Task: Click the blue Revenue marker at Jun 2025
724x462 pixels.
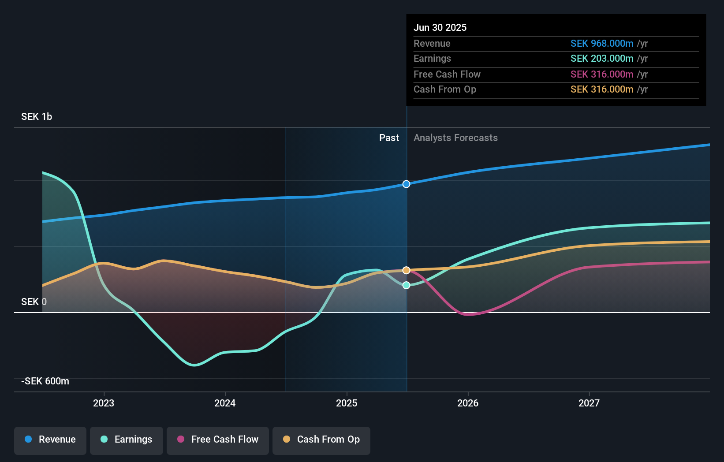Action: pos(406,184)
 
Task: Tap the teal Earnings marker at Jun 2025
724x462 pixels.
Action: pos(406,285)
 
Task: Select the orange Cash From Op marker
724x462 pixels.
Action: pos(406,270)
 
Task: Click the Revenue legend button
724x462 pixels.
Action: pos(50,440)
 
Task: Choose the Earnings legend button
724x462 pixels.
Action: pos(127,440)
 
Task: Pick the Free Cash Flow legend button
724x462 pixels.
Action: pos(218,440)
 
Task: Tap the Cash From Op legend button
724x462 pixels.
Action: pos(321,440)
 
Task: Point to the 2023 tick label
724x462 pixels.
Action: pos(104,403)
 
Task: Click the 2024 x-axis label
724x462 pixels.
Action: pos(225,403)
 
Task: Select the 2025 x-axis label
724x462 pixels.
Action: pos(347,403)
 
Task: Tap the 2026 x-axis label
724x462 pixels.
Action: pos(468,403)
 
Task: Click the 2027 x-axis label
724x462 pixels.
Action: pos(589,403)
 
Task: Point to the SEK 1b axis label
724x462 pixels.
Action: pos(37,117)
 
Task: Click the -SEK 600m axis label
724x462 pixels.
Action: pos(45,381)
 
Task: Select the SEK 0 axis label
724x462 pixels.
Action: pos(34,302)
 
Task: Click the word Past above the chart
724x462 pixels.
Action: pos(389,138)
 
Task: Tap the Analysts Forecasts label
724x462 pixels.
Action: pos(455,138)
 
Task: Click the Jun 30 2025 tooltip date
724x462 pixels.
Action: pos(440,28)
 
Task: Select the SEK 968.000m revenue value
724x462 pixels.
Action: pos(602,44)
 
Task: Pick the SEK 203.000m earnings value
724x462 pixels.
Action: pos(602,59)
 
